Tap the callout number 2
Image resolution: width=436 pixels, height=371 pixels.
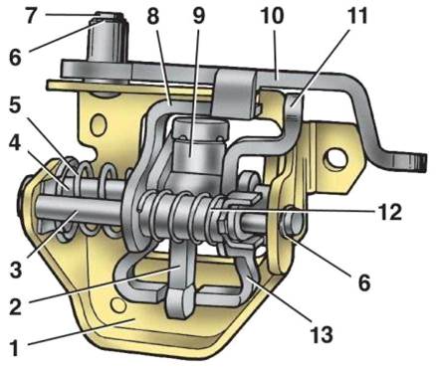(15, 305)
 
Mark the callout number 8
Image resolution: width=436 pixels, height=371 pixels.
(152, 16)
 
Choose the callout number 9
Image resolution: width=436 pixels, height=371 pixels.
(198, 16)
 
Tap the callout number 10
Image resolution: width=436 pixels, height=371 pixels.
(271, 16)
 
